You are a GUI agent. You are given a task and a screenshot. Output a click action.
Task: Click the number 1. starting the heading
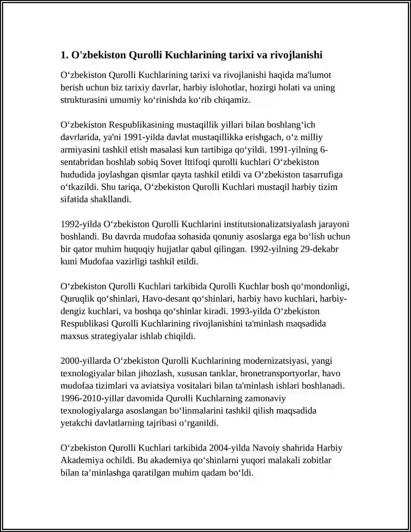(x=64, y=54)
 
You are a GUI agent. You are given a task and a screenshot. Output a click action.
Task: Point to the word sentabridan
(x=82, y=162)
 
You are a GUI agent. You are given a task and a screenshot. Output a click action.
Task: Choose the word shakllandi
(x=110, y=199)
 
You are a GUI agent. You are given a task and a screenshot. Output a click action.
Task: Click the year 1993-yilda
(x=250, y=311)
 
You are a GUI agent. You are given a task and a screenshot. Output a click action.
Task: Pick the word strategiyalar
(x=119, y=336)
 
